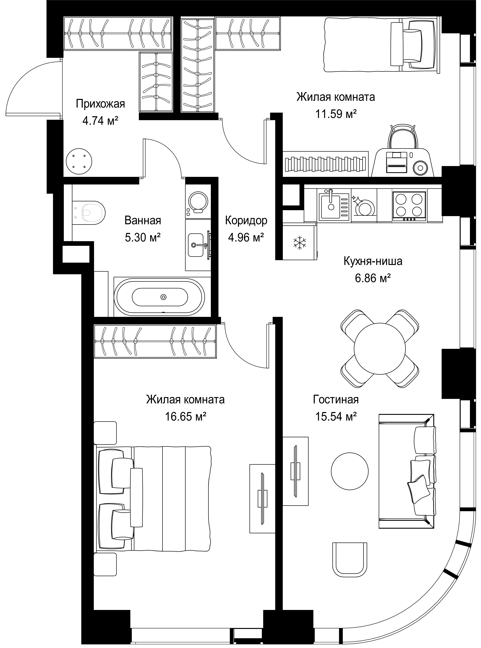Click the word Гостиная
pyautogui.click(x=336, y=400)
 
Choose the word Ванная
pyautogui.click(x=143, y=220)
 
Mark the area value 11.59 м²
pyautogui.click(x=336, y=114)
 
